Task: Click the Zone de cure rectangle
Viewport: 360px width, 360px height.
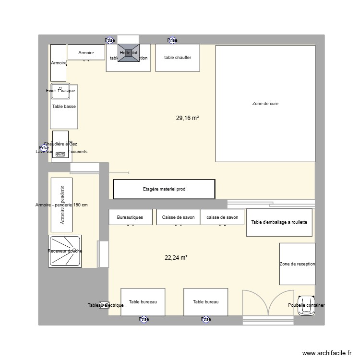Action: [x=265, y=104]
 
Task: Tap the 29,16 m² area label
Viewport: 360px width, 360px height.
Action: [x=187, y=118]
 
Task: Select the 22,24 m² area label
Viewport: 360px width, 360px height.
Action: [x=176, y=258]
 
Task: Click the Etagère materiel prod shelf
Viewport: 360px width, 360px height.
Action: [x=164, y=189]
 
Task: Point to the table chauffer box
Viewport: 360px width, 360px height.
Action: [x=178, y=58]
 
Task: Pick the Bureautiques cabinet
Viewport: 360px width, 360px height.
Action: [x=130, y=217]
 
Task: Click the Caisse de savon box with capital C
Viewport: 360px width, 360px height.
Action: [x=178, y=217]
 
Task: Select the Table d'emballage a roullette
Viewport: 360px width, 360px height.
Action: [x=279, y=223]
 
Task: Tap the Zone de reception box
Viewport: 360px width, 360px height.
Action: [x=297, y=264]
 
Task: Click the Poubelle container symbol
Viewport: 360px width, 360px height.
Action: [x=306, y=305]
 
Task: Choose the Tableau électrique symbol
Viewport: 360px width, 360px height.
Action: [x=104, y=305]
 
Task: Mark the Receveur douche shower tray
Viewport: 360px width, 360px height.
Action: [x=65, y=251]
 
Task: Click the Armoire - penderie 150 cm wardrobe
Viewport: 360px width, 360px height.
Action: [x=61, y=205]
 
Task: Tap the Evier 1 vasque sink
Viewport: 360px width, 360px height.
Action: [x=58, y=91]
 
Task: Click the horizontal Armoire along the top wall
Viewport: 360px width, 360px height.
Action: [x=86, y=52]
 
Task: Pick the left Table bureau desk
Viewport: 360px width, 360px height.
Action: [x=143, y=302]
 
